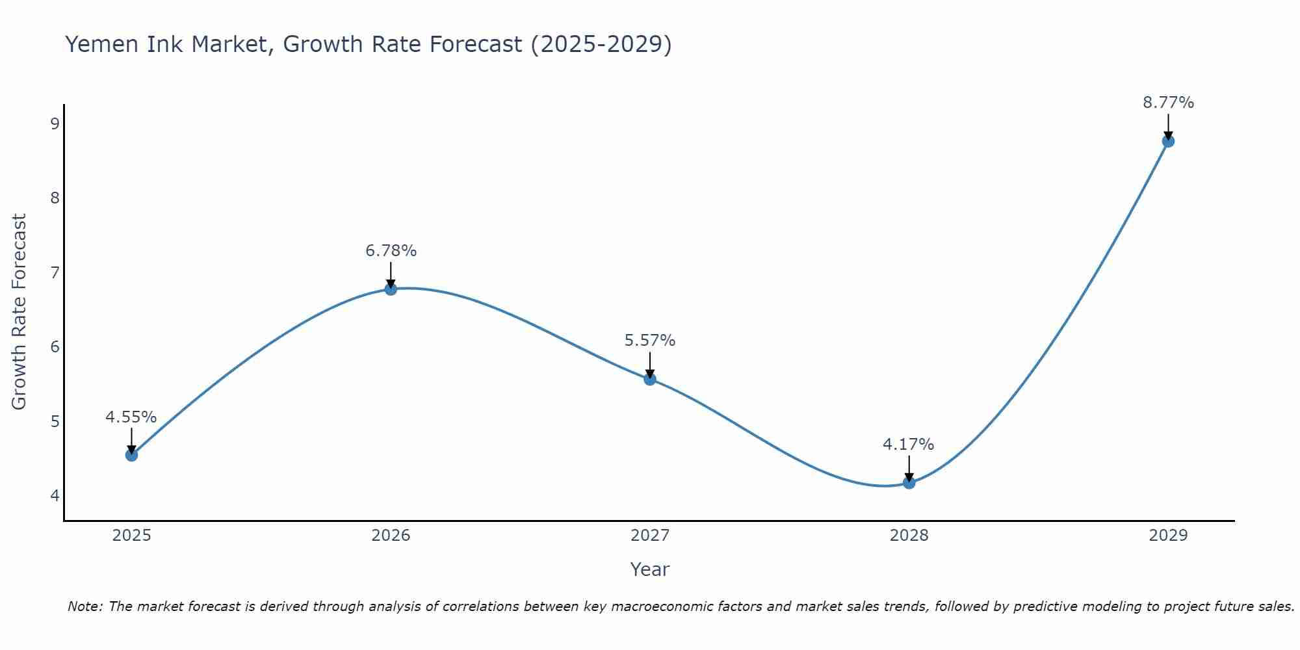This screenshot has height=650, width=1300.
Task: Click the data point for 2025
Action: pyautogui.click(x=131, y=455)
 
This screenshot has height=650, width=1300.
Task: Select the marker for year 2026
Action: pyautogui.click(x=391, y=289)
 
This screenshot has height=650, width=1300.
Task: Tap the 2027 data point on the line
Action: pyautogui.click(x=650, y=379)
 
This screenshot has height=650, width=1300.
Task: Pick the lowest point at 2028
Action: pyautogui.click(x=909, y=483)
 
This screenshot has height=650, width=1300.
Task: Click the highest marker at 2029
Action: pyautogui.click(x=1168, y=141)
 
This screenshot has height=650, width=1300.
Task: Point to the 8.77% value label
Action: pyautogui.click(x=1168, y=103)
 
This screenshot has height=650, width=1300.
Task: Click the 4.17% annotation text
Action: pyautogui.click(x=908, y=445)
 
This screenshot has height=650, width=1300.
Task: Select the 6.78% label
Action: pyautogui.click(x=391, y=251)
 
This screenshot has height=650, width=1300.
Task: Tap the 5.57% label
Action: pyautogui.click(x=650, y=341)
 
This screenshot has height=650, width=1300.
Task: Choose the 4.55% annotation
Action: pyautogui.click(x=131, y=417)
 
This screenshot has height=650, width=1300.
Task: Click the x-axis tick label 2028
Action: pyautogui.click(x=909, y=536)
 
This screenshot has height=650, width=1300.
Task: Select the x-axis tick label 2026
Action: pyautogui.click(x=391, y=536)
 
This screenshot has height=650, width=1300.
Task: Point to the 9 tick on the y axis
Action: pyautogui.click(x=55, y=123)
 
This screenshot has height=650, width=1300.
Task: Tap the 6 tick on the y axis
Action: pyautogui.click(x=55, y=346)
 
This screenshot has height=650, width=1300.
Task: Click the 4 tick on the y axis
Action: pyautogui.click(x=55, y=495)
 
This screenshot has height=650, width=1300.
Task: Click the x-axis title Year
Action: pyautogui.click(x=649, y=569)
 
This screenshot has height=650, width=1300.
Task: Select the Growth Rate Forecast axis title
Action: pyautogui.click(x=19, y=312)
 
